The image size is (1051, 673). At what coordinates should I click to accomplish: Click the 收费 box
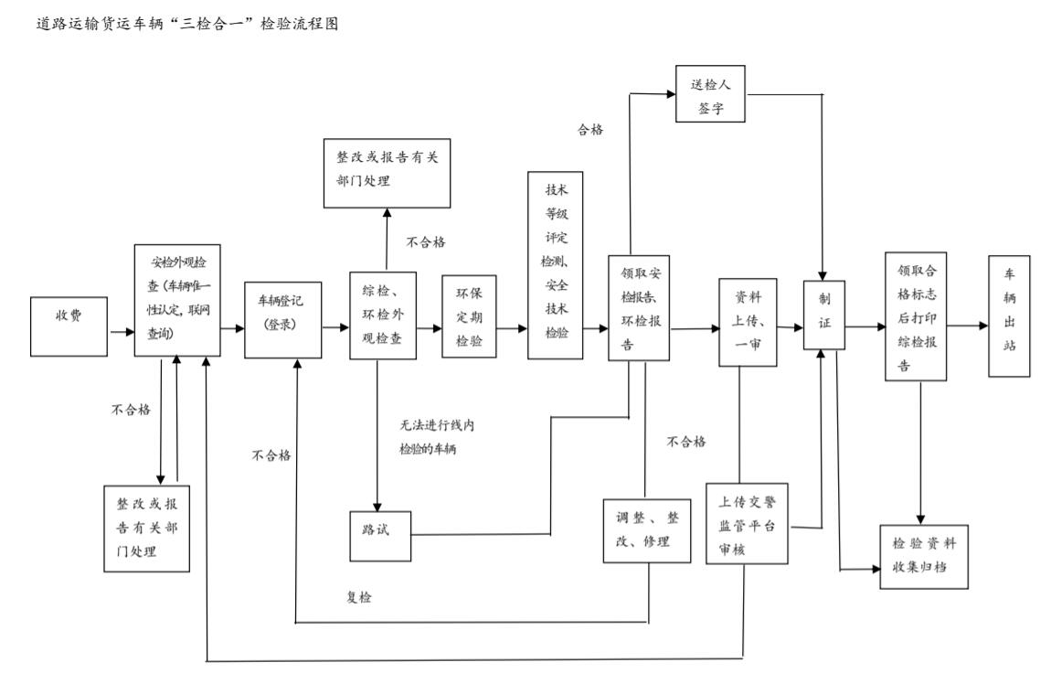69,326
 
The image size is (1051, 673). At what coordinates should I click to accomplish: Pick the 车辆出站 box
1009,316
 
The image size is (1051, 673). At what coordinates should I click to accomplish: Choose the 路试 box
379,529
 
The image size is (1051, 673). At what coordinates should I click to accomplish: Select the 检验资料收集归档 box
923,556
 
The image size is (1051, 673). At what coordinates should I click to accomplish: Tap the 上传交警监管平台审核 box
747,524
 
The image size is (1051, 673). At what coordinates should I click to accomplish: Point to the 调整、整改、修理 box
646,530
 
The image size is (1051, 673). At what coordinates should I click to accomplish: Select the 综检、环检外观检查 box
383,316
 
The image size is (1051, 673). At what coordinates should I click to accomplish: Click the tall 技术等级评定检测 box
556,265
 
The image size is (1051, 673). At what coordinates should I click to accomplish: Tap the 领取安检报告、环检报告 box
641,308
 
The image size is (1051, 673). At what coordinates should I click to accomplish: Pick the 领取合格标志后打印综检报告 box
916,315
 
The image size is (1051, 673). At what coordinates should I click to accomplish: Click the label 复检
358,598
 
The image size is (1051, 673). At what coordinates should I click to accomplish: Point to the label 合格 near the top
589,130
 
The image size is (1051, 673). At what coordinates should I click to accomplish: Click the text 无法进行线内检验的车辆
438,437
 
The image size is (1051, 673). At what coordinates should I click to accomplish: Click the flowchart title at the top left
173,25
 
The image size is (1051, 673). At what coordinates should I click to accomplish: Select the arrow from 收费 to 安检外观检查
122,331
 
